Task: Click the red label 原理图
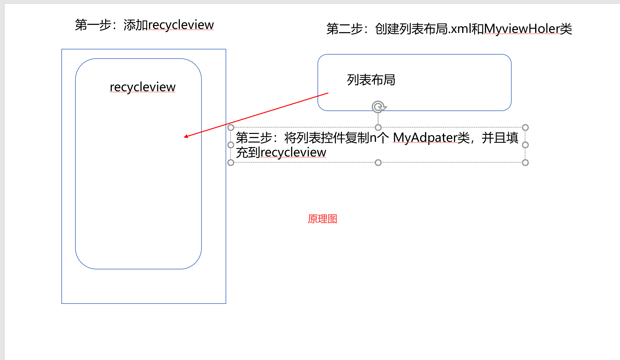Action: pos(322,219)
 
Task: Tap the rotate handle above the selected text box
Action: pos(379,107)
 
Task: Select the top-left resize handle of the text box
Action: pos(231,128)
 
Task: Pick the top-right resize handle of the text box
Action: pos(525,128)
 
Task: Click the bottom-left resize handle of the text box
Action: pos(231,163)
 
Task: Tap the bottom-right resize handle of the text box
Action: pos(525,163)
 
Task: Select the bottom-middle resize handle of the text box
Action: pos(378,163)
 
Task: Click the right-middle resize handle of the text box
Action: pos(525,145)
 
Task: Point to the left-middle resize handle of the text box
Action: pos(231,145)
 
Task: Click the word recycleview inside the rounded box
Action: pos(143,87)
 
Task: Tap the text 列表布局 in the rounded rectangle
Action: pos(371,80)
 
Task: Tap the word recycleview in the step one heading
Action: pos(181,25)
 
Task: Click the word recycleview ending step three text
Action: pos(293,153)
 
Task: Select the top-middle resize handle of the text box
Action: pos(378,128)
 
